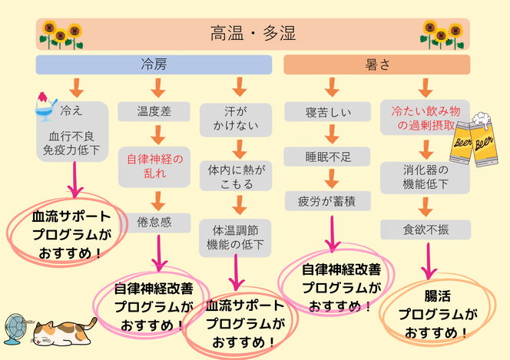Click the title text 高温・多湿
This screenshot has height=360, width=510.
point(253,34)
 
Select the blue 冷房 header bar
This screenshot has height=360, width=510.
point(154,64)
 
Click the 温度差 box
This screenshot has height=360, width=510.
point(154,112)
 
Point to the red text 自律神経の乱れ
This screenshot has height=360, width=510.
point(155,166)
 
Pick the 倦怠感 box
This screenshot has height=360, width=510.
point(154,221)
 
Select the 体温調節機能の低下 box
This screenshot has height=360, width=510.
point(237,236)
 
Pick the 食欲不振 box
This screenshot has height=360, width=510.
point(424,227)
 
